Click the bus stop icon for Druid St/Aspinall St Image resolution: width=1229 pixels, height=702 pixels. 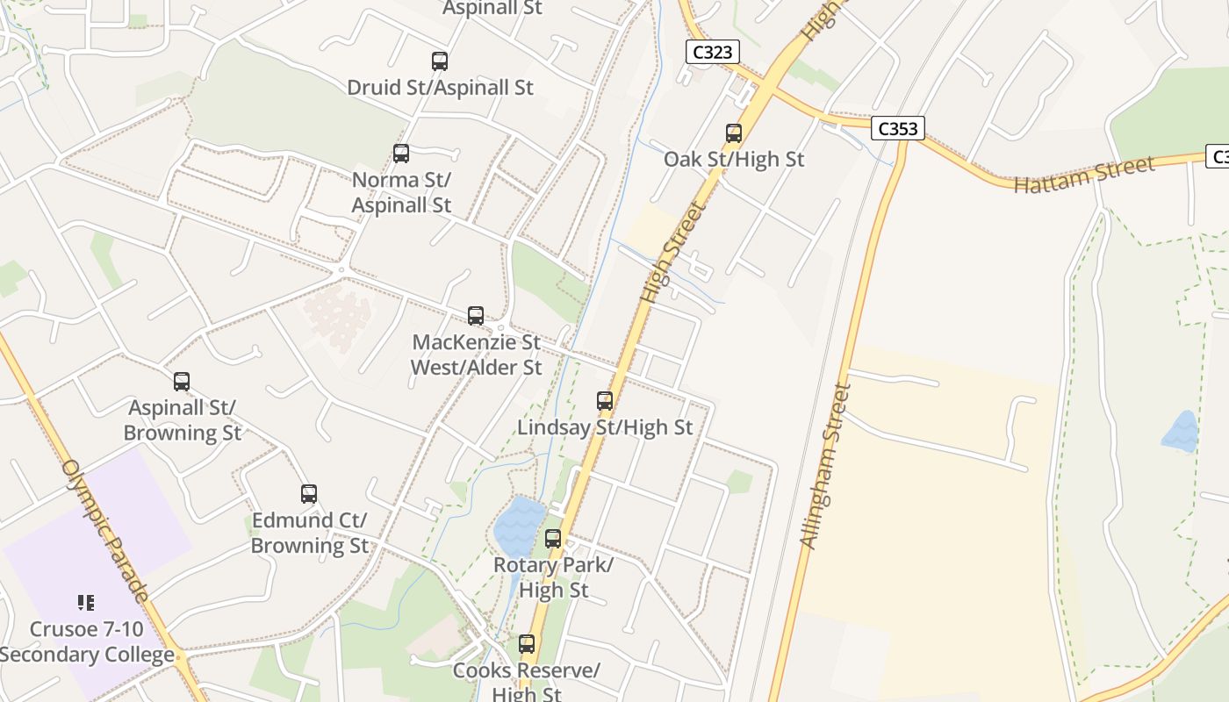tap(440, 61)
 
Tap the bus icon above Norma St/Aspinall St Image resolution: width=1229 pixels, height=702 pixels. tap(401, 154)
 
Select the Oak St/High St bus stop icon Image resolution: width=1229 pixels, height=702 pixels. tap(734, 133)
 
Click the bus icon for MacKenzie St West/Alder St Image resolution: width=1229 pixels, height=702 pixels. tap(476, 315)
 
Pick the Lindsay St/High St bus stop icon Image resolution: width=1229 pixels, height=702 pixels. tap(605, 401)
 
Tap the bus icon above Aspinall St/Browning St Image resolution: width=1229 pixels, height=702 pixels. tap(182, 382)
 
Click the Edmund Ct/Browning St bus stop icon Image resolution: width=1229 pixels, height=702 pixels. tap(308, 494)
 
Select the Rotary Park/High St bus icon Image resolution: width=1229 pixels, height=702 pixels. tap(553, 539)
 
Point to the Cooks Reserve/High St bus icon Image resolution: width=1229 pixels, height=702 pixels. tap(527, 644)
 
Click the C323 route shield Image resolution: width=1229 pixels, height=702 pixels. tap(712, 52)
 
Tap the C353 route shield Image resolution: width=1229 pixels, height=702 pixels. tap(898, 129)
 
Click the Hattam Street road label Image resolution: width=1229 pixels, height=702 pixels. tap(1084, 175)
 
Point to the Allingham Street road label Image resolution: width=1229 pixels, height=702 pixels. tap(826, 465)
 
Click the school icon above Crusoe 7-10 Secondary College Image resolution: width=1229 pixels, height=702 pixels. tap(85, 603)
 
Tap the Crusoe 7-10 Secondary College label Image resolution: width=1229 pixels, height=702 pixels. tap(88, 642)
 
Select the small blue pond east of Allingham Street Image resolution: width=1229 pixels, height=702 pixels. tap(1180, 432)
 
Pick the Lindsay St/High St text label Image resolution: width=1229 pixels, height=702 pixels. tap(605, 427)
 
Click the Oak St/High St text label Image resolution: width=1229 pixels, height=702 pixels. tap(734, 159)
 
